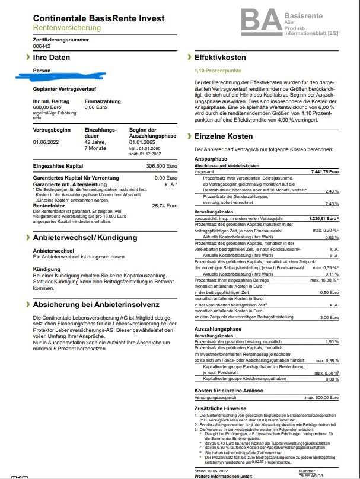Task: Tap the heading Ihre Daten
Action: click(52, 58)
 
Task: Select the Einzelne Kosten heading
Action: click(224, 136)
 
